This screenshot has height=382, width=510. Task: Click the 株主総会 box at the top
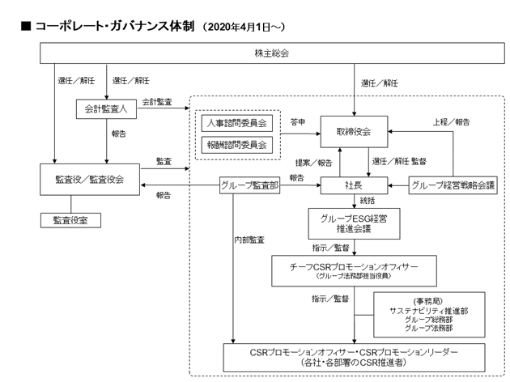click(x=272, y=53)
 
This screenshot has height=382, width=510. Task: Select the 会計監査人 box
click(x=106, y=109)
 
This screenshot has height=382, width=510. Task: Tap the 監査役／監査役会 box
click(x=90, y=180)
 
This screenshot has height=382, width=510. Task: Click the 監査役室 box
click(x=70, y=220)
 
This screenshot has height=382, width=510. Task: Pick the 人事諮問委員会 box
click(x=236, y=123)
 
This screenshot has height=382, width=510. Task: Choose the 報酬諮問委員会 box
click(x=236, y=145)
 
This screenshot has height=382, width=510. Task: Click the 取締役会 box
click(x=355, y=132)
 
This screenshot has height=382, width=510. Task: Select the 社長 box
click(x=355, y=185)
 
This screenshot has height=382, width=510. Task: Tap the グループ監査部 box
click(x=250, y=185)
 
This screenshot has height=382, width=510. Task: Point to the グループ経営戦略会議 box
click(x=453, y=185)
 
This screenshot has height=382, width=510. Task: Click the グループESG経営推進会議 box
click(x=355, y=223)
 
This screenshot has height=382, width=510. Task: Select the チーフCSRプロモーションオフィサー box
click(x=355, y=271)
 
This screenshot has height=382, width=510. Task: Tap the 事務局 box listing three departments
click(x=429, y=315)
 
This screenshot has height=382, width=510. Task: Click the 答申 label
click(x=298, y=122)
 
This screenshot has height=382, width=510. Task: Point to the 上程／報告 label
click(x=451, y=122)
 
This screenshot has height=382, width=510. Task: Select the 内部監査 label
click(x=249, y=240)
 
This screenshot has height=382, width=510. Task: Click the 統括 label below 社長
click(x=368, y=201)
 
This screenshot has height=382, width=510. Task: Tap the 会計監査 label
click(x=157, y=102)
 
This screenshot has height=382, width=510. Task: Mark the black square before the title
click(x=26, y=26)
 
